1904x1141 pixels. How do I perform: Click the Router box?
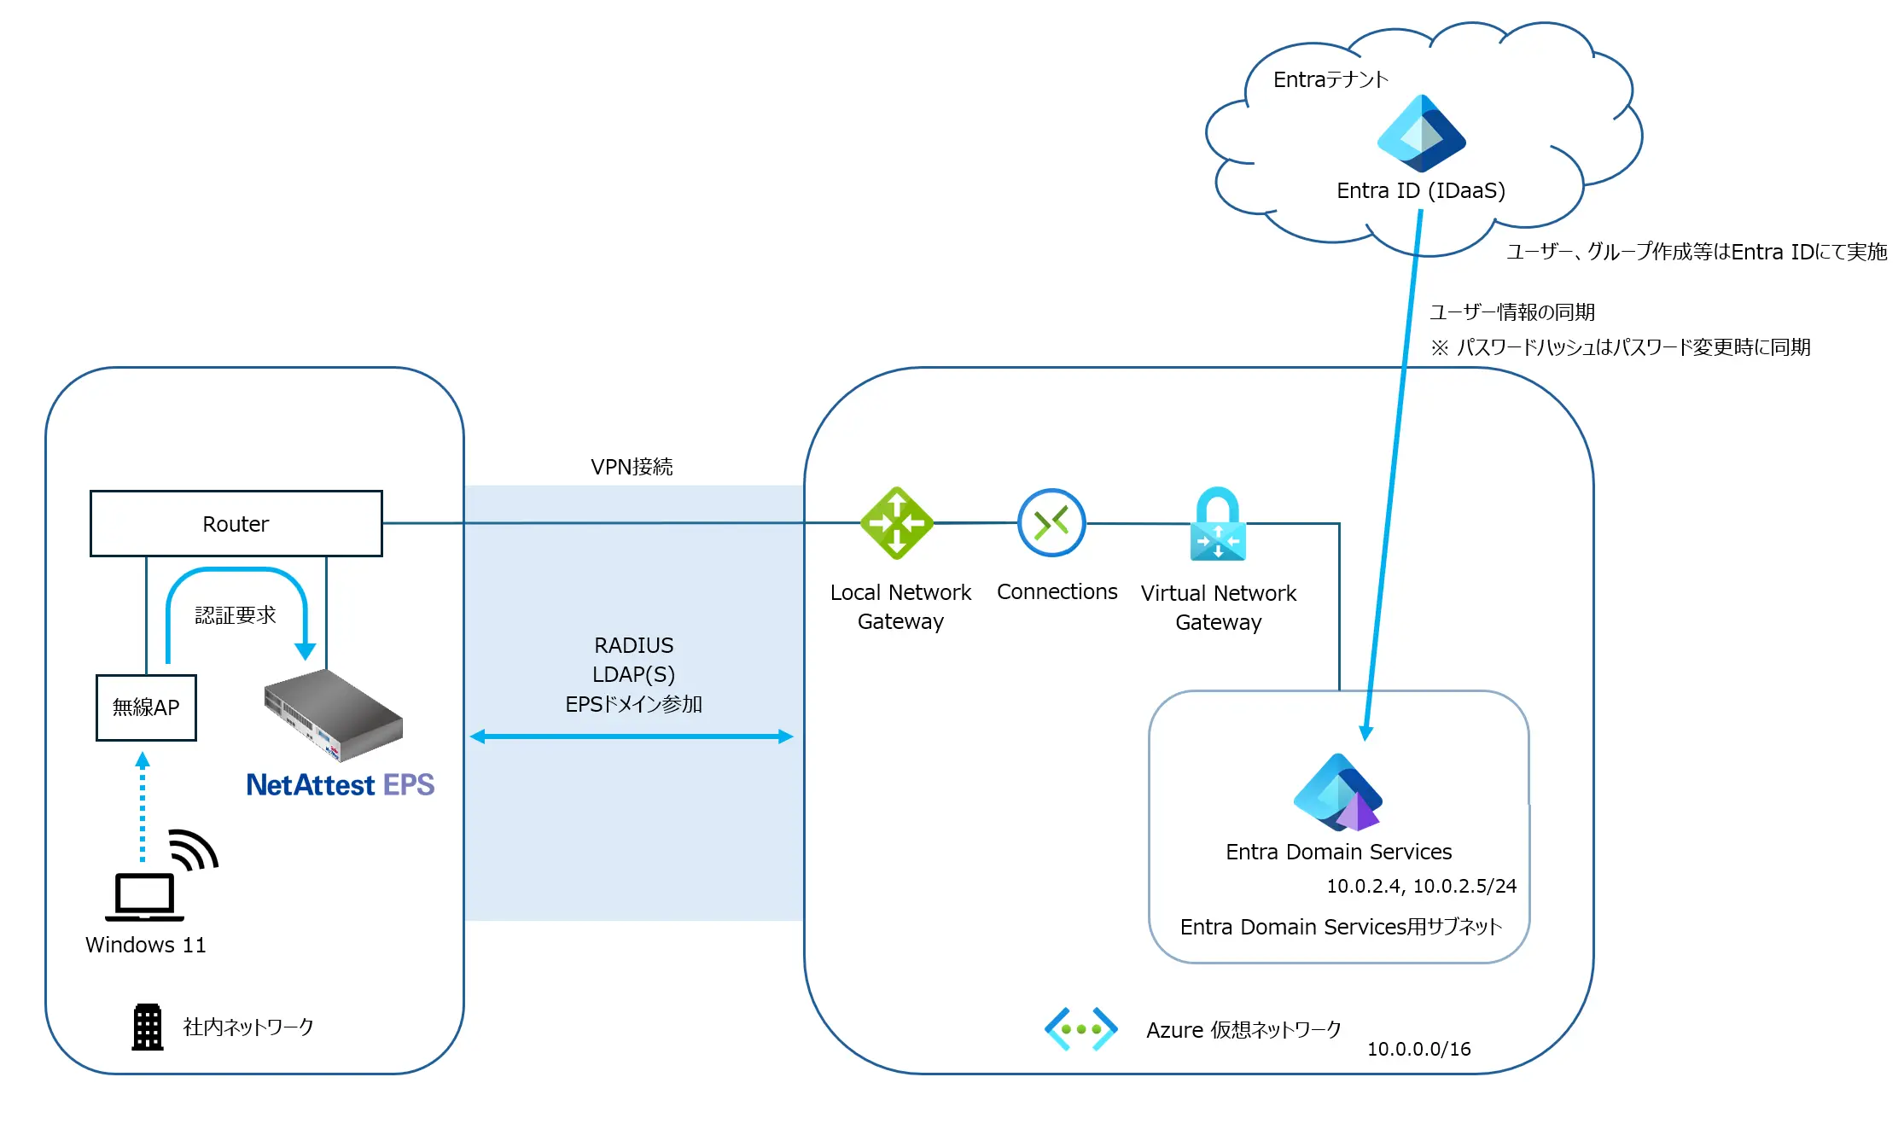(236, 523)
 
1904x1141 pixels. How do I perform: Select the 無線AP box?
(146, 707)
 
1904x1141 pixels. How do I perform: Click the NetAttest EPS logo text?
(340, 784)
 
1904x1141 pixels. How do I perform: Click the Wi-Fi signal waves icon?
(195, 848)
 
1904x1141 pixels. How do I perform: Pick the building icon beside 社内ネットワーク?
(148, 1027)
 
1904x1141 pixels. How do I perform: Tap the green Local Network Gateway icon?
(896, 522)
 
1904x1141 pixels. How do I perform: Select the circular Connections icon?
(1051, 522)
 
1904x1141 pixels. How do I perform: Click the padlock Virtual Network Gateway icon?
(1218, 524)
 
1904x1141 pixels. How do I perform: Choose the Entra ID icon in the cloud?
(1421, 133)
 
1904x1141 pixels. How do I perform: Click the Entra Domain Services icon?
(1337, 792)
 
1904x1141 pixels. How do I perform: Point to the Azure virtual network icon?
(1080, 1029)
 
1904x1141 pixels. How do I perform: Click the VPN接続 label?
(632, 467)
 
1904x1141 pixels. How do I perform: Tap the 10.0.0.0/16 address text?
(1418, 1049)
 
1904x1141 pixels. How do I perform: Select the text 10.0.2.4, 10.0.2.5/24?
(1421, 886)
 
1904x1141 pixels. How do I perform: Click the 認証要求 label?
(236, 614)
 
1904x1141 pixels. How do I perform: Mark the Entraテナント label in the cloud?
(1330, 79)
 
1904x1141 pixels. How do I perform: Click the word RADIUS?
(633, 645)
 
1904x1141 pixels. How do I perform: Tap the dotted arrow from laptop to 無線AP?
(143, 807)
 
